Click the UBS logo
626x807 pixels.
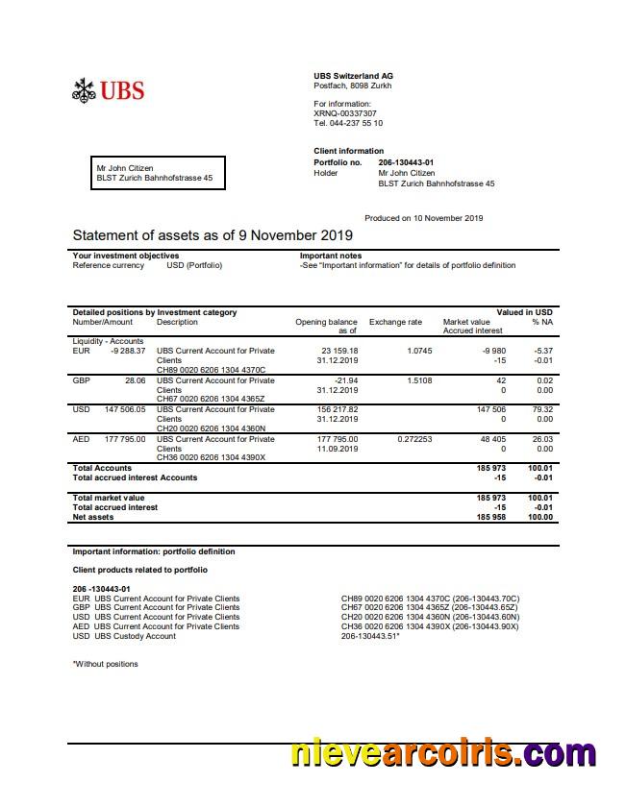[x=108, y=90]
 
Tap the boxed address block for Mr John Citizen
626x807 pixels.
[x=158, y=173]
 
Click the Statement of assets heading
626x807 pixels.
[x=213, y=235]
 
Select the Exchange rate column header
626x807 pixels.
[x=395, y=322]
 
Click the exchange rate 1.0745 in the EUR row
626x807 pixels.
[x=419, y=351]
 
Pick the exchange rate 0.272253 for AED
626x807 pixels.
[x=414, y=439]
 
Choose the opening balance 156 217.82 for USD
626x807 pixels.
[x=338, y=409]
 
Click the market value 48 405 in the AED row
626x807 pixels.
[x=491, y=439]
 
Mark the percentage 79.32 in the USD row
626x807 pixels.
[x=542, y=409]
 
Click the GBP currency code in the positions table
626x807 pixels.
[x=81, y=380]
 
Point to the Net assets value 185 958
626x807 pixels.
[x=491, y=517]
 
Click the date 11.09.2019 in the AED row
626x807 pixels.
[x=337, y=449]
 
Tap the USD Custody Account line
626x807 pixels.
[x=124, y=636]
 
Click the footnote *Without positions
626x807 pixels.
[x=105, y=664]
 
